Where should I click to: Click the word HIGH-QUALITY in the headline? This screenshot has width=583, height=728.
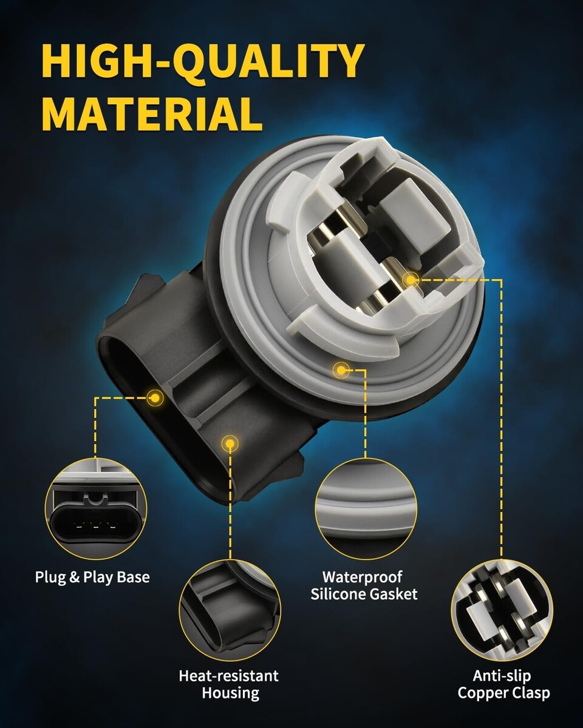[203, 61]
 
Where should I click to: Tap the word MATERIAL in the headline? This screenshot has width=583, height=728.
[152, 114]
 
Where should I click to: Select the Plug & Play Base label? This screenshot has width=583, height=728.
[92, 578]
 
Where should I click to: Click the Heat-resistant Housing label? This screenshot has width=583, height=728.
[229, 684]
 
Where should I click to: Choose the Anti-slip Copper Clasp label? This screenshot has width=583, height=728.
[503, 684]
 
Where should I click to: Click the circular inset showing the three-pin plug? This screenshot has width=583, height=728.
[96, 508]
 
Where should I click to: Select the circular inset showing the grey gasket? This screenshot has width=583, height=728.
[366, 508]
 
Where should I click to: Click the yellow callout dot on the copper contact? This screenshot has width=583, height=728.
[411, 280]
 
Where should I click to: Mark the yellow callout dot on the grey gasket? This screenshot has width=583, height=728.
[341, 371]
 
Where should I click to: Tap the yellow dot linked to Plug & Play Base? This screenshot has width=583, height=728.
[155, 398]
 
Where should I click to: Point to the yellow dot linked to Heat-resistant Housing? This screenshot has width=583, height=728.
[230, 443]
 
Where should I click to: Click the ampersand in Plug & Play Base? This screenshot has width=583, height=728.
[75, 577]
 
